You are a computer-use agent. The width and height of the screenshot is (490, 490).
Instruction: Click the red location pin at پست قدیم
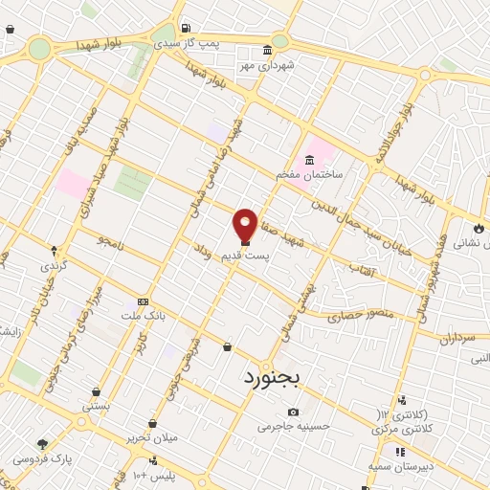point(245,225)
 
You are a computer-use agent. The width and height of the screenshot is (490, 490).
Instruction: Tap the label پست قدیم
point(246,256)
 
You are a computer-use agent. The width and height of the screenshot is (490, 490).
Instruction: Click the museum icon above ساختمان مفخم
point(309,160)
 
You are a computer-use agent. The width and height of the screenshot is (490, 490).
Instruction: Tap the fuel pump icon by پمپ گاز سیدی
point(184,28)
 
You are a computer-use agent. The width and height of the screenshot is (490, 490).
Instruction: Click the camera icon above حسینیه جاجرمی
point(292,412)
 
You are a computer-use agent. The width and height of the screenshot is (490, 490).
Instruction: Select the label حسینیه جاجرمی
point(293,427)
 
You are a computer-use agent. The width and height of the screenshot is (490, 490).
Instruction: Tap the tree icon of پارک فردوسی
point(42,444)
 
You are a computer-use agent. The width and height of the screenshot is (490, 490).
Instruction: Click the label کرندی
point(54,265)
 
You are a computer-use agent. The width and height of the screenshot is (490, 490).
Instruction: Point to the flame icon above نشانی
point(478,229)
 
